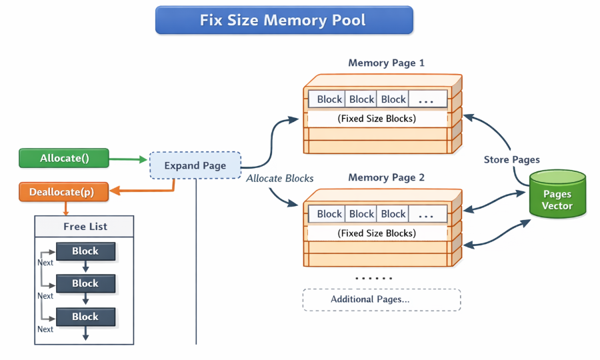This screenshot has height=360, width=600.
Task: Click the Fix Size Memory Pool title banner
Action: point(284,20)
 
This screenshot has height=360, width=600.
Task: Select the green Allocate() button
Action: point(64,159)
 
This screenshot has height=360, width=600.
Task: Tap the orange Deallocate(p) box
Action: point(61,192)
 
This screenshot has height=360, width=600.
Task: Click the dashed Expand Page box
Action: point(195,165)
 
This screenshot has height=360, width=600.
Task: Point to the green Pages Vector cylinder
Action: point(557,195)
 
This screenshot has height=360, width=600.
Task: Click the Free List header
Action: point(85,227)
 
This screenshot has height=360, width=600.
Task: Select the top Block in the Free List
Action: point(85,251)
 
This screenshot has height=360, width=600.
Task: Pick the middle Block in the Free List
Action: point(85,283)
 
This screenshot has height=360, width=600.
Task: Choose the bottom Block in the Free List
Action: point(85,316)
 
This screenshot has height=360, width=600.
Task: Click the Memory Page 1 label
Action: point(386,63)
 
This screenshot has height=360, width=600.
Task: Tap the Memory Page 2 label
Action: point(386,178)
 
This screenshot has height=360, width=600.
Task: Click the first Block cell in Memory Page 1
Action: point(329,99)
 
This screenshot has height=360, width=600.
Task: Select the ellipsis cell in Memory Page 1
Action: point(427,99)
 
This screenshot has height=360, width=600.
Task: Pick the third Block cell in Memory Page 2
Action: point(393,214)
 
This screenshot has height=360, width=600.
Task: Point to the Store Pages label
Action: point(511,160)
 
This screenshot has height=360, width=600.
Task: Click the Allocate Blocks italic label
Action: point(279,179)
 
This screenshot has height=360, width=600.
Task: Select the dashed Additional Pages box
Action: point(381,299)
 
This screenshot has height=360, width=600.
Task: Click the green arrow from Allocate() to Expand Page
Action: point(127,159)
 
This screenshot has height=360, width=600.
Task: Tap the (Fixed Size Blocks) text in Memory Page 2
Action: point(377,233)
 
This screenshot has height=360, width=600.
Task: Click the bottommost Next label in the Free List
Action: point(45,329)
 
